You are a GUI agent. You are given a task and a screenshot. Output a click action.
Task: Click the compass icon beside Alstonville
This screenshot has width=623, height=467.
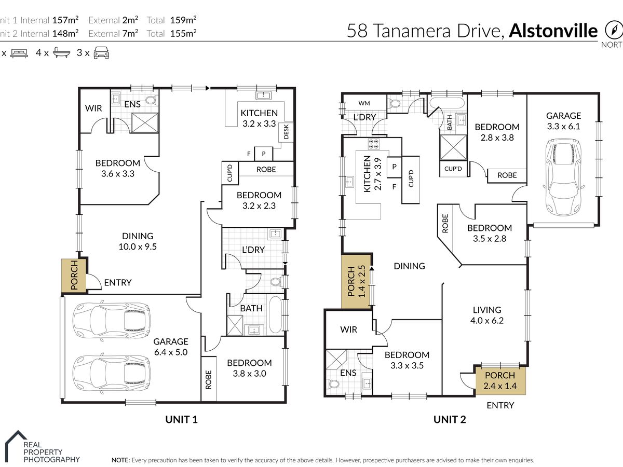coord(613,30)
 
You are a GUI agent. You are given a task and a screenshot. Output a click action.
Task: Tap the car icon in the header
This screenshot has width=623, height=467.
coord(101,53)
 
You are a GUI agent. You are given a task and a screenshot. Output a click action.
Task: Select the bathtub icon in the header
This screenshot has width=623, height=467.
coord(61,53)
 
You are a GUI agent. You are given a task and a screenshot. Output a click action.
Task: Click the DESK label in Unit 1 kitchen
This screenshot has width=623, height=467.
coord(286,132)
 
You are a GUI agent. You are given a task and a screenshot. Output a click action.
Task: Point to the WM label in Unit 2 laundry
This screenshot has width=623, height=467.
coord(364,103)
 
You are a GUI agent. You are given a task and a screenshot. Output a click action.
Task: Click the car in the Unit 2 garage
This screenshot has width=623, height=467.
coord(563,177)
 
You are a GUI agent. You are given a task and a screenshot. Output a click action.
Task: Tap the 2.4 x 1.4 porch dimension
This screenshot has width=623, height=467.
coord(500,386)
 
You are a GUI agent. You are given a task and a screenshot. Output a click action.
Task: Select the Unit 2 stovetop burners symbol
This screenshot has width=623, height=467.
coord(373,144)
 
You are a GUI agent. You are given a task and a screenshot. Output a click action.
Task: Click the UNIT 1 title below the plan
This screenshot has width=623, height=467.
coord(181,419)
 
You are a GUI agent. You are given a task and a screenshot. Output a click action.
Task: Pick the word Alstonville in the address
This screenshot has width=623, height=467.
coord(553,31)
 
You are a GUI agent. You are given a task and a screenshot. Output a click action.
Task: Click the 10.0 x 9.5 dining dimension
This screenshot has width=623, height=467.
coord(138,246)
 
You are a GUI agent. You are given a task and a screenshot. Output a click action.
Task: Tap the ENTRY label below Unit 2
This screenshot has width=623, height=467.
coord(500,405)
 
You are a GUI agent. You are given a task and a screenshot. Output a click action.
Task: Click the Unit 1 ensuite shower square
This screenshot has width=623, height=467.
coord(145,122)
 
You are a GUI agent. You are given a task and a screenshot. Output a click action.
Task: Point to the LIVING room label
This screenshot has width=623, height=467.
coord(487,310)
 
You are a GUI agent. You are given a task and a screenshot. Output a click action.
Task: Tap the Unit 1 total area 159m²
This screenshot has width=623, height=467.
coord(183,20)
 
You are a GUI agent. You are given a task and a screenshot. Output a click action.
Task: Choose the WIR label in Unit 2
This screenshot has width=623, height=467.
coord(348,329)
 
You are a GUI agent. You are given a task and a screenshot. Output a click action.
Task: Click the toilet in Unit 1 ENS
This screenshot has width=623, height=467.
coord(151,100)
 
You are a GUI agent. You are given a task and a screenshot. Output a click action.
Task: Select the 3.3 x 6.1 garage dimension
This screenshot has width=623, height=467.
coord(564,126)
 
